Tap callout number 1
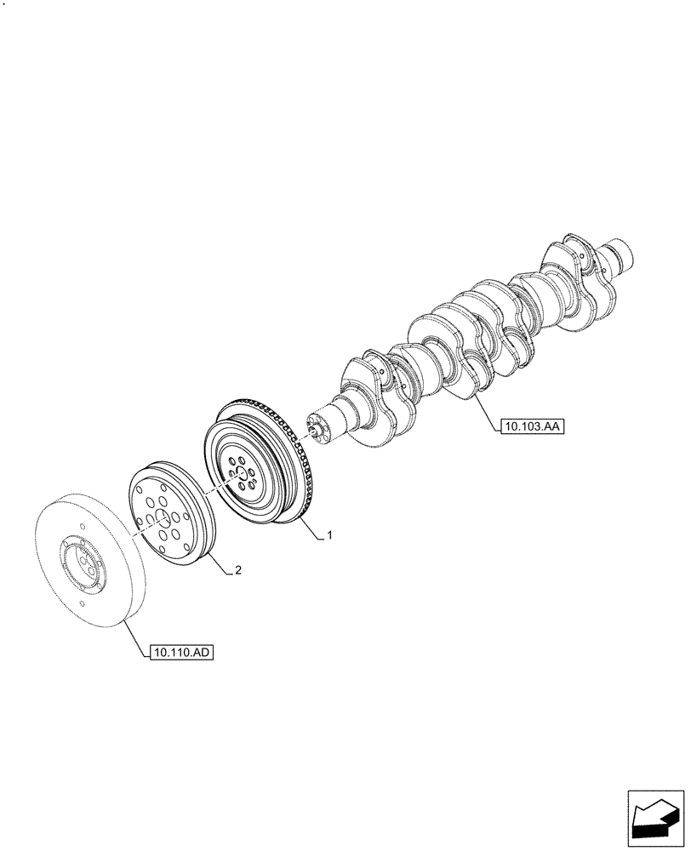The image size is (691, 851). click(x=329, y=536)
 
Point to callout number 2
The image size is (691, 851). click(x=237, y=571)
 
